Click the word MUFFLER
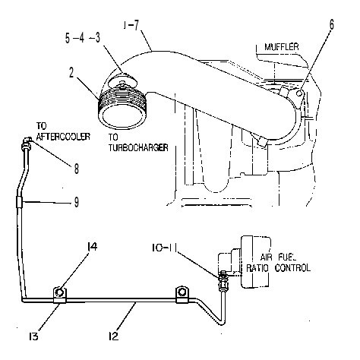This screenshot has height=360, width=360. point(282,47)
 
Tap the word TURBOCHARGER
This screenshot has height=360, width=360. point(138,147)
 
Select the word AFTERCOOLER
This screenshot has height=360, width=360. point(63,137)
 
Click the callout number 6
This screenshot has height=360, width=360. point(331,25)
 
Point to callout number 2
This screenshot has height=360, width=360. point(71,73)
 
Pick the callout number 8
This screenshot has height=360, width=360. point(77,169)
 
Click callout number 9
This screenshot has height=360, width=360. point(77,202)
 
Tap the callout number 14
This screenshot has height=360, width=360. point(92,246)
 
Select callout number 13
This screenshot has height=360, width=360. point(33,336)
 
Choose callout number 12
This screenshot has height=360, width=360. point(113,336)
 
